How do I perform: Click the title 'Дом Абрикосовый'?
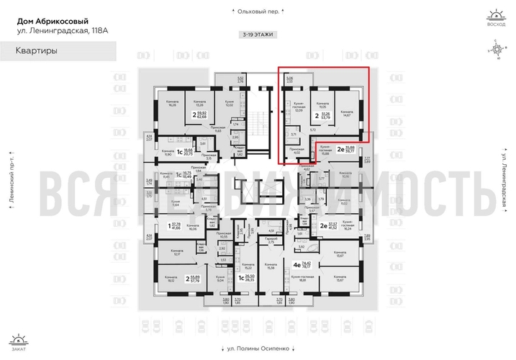click(49, 19)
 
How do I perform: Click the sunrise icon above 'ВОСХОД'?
click(496, 16)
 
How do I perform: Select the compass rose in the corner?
click(496, 50)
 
